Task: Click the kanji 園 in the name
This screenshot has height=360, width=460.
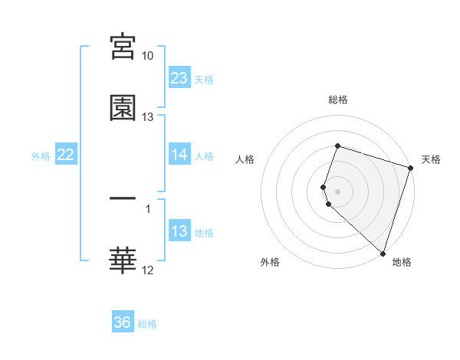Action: coord(123,108)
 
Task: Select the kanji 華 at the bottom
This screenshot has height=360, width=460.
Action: coord(123,260)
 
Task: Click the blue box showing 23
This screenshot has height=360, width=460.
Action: coord(179,78)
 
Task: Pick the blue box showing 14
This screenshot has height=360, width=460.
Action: coord(179,155)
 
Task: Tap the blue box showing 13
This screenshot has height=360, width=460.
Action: coord(179,231)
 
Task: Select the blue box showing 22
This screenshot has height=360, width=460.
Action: coord(66,155)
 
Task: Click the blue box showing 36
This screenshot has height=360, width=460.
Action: coord(123,322)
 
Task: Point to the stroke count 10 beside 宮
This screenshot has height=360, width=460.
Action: coord(148,56)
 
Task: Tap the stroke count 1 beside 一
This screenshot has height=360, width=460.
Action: coord(148,208)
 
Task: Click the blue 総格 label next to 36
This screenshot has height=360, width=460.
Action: coord(148,324)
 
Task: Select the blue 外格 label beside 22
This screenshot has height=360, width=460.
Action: coord(41,156)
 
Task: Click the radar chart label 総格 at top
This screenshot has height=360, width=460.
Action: coord(338,100)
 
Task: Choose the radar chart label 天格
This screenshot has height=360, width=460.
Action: coord(431,159)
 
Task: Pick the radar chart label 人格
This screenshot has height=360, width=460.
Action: coord(245,159)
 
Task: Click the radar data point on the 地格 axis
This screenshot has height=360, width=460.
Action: coord(383,253)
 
